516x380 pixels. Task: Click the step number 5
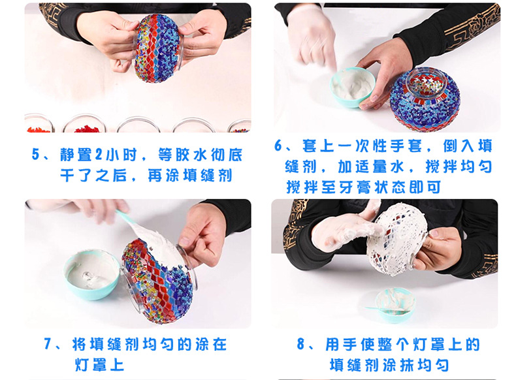pos(36,154)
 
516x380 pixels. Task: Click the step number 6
pos(279,146)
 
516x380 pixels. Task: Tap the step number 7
pos(48,344)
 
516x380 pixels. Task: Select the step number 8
pos(300,344)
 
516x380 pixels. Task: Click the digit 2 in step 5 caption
pos(99,154)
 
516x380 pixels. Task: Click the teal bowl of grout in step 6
pos(353,87)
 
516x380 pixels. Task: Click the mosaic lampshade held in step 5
pos(157,48)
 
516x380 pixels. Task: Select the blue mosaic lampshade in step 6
pos(425,99)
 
